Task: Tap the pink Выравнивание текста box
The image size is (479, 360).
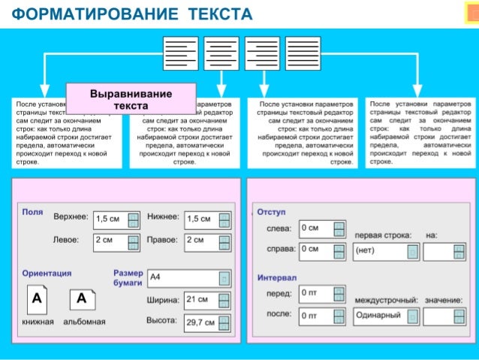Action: coord(131,100)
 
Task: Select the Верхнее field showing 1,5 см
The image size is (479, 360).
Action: coord(110,219)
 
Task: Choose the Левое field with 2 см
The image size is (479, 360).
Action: coord(110,241)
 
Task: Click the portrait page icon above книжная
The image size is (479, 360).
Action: coord(36,301)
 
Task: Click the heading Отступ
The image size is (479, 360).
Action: coord(271,213)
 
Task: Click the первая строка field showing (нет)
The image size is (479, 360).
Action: coord(384,250)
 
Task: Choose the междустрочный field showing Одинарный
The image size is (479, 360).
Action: coord(384,316)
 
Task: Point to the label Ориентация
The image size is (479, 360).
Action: coord(47,274)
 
